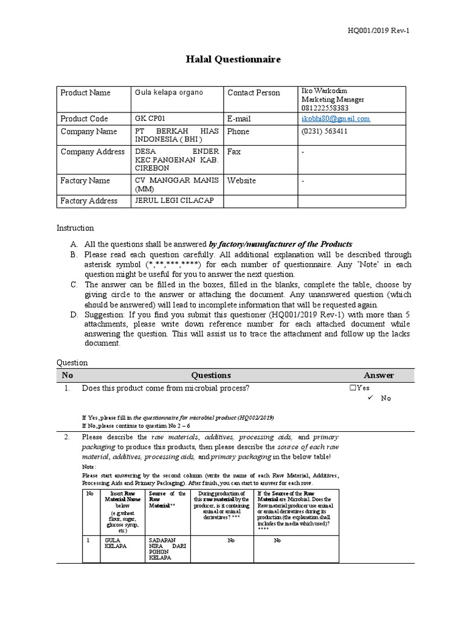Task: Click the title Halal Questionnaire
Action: (x=233, y=60)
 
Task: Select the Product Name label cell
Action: (x=86, y=93)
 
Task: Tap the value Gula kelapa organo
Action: (x=169, y=93)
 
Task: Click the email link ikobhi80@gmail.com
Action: (x=336, y=118)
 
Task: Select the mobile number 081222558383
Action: (x=328, y=108)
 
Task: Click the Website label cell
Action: (x=241, y=180)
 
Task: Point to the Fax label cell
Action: (x=234, y=152)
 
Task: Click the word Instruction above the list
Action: (x=75, y=228)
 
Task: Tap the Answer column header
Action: (x=379, y=375)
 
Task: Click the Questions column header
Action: (x=211, y=375)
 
